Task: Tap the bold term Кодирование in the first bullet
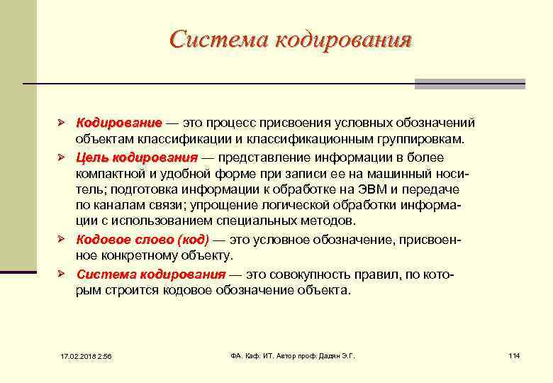119,123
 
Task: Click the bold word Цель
92,156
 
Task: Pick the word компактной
113,173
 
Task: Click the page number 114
514,355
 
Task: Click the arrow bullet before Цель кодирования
62,156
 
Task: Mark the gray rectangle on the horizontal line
469,84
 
